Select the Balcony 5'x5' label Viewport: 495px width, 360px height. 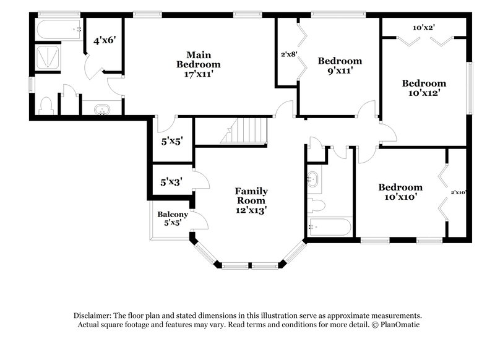pyautogui.click(x=168, y=219)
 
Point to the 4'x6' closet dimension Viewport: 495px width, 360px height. pyautogui.click(x=104, y=41)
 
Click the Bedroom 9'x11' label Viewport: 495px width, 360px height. pyautogui.click(x=340, y=66)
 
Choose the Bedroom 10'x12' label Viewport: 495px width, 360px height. pyautogui.click(x=424, y=88)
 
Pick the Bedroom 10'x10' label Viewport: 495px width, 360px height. pyautogui.click(x=400, y=192)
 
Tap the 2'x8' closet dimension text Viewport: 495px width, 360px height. pyautogui.click(x=289, y=54)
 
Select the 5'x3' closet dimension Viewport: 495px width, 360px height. pyautogui.click(x=171, y=182)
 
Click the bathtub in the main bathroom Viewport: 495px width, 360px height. pyautogui.click(x=59, y=28)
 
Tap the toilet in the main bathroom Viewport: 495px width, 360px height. pyautogui.click(x=46, y=105)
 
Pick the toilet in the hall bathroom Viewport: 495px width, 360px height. pyautogui.click(x=316, y=204)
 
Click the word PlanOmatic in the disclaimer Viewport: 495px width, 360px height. pyautogui.click(x=400, y=324)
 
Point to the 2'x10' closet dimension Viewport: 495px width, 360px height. pyautogui.click(x=457, y=192)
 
